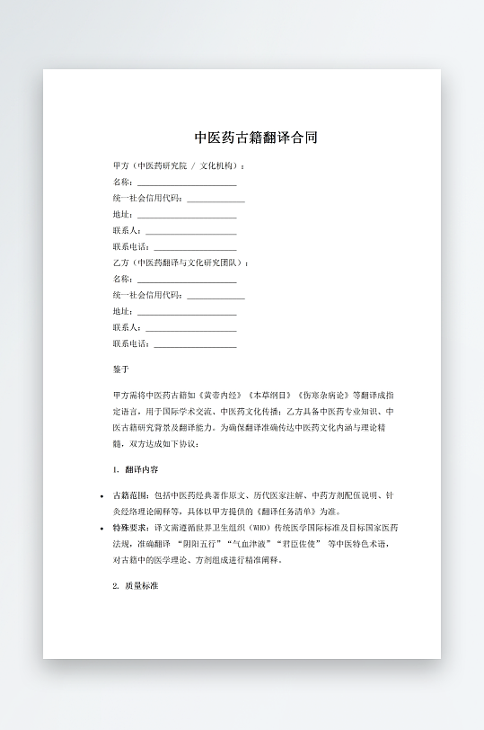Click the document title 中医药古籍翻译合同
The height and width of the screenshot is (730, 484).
point(256,138)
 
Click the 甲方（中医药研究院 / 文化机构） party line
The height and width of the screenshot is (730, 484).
point(179,165)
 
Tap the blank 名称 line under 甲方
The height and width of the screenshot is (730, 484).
point(186,182)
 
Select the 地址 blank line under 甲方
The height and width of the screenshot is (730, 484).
point(186,215)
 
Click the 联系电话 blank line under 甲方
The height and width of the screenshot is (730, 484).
point(195,247)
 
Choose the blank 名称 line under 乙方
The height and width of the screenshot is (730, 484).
point(186,280)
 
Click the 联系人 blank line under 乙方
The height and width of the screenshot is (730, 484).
point(190,328)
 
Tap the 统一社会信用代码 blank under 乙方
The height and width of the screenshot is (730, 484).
point(216,296)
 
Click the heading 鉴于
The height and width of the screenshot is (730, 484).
point(121,369)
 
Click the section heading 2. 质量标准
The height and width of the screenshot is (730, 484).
point(136,585)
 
